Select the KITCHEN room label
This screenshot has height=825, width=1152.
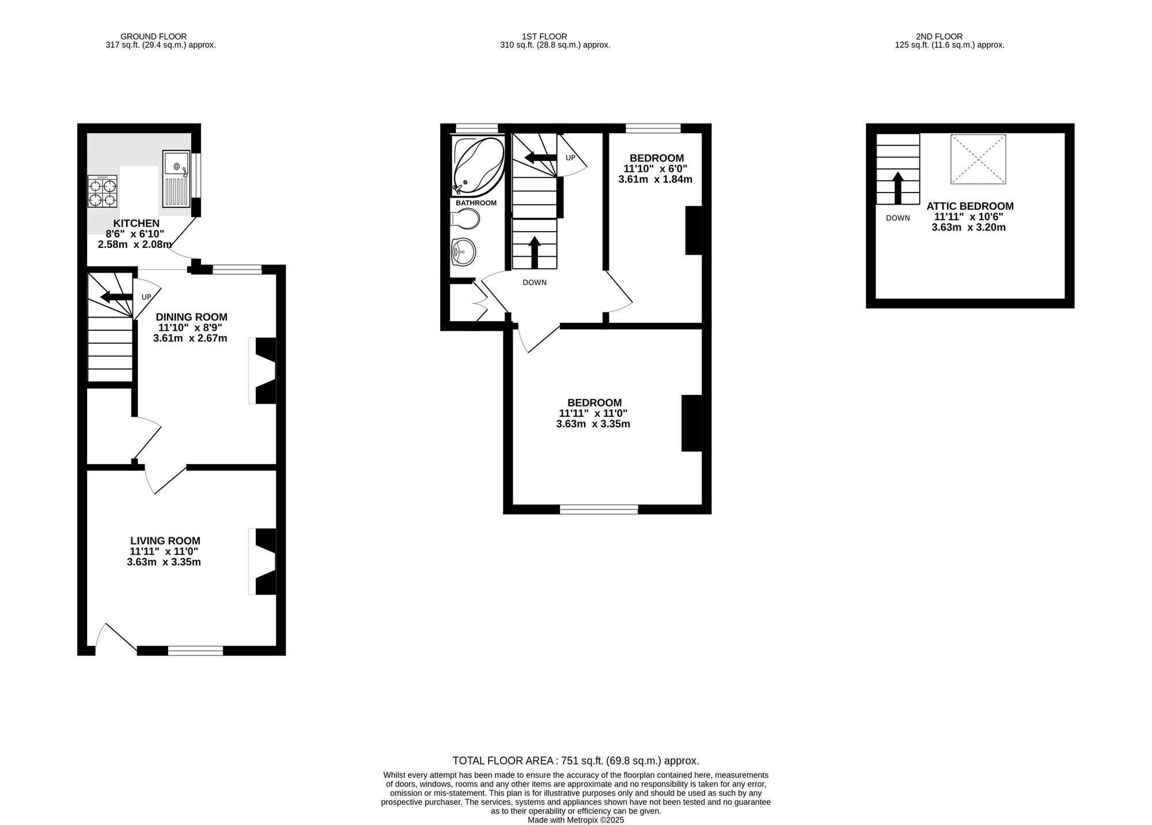(136, 224)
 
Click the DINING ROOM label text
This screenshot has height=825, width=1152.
(191, 317)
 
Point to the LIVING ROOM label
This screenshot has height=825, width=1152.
(165, 541)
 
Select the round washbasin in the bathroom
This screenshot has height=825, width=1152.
(464, 252)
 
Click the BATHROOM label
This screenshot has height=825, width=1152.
(476, 203)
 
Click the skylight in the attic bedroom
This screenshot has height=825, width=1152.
(978, 159)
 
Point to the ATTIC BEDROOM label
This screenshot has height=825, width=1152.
(969, 206)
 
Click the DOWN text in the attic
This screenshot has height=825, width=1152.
(897, 218)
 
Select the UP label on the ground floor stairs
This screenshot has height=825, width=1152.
(146, 297)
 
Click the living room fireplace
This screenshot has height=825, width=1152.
(263, 561)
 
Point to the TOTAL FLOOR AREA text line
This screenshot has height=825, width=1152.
(575, 760)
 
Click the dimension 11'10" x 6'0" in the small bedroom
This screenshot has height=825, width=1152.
(655, 169)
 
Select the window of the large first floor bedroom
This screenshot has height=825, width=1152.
(598, 509)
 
